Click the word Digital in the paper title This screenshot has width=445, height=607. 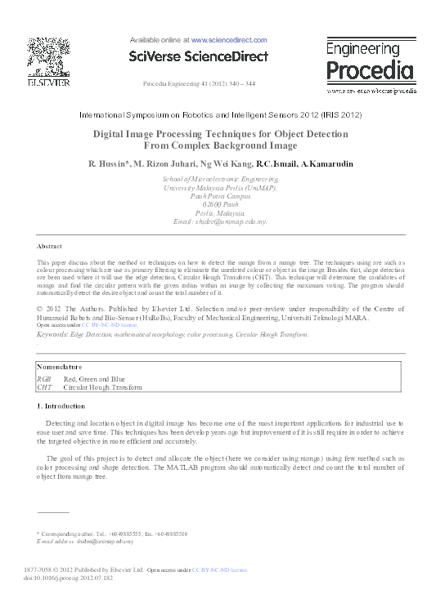[x=113, y=134]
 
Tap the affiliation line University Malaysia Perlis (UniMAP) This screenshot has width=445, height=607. [x=220, y=187]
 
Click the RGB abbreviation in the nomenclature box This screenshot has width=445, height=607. [x=44, y=379]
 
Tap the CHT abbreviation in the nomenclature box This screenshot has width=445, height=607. [x=44, y=387]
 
